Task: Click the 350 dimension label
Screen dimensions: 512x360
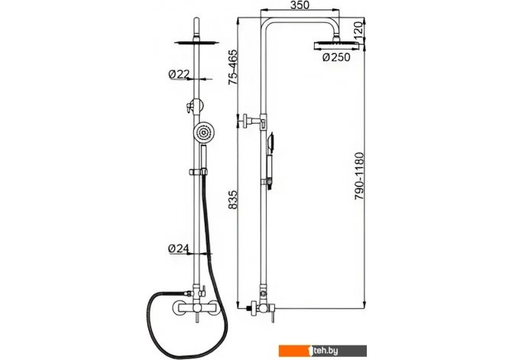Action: (x=300, y=5)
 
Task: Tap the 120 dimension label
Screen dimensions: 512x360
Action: (x=358, y=29)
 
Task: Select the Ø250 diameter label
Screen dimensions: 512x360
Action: (x=336, y=57)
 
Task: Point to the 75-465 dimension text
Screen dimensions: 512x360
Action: (x=233, y=67)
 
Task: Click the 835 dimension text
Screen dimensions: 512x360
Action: (x=233, y=199)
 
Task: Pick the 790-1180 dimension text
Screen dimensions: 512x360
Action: (x=358, y=176)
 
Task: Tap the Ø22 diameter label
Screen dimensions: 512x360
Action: (x=178, y=74)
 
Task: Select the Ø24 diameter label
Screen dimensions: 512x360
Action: (x=178, y=249)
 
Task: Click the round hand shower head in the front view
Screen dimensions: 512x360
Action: (x=204, y=133)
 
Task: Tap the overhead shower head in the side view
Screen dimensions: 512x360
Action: (x=335, y=44)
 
